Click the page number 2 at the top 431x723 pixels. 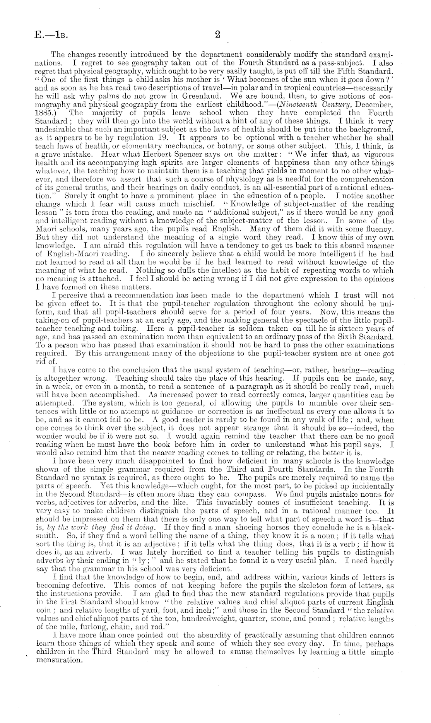click(217, 34)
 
